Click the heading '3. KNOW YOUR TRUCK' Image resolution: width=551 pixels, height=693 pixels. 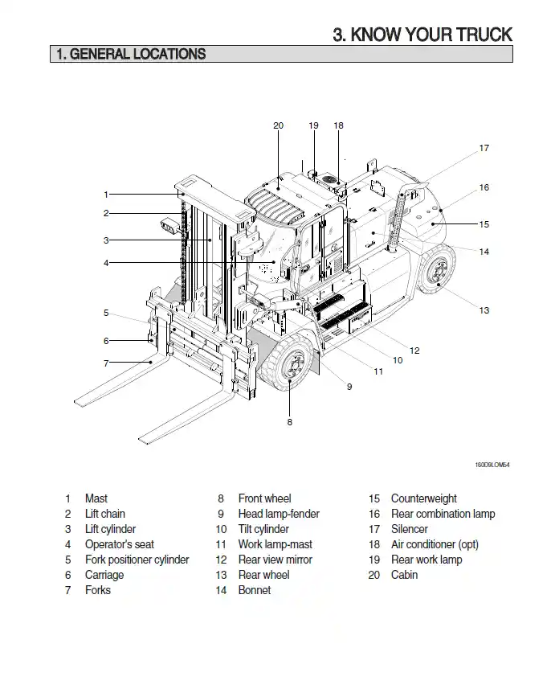coord(422,35)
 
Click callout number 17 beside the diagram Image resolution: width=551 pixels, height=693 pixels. coord(484,148)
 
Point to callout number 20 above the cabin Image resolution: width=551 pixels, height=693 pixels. coord(278,125)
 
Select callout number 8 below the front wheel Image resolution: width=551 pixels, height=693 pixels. coord(290,421)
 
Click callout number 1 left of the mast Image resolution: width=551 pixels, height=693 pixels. coord(106,194)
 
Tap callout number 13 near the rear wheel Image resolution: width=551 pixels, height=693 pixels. coord(484,310)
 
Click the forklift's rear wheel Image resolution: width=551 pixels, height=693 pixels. coord(437,271)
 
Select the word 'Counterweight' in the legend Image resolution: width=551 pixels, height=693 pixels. coord(423,498)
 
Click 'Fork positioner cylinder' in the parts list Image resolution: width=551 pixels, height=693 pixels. coord(137,560)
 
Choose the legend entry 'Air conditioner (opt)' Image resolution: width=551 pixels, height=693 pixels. coord(434,544)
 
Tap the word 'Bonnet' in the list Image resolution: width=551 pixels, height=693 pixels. coord(255,590)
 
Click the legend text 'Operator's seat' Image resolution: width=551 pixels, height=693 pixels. coord(119,544)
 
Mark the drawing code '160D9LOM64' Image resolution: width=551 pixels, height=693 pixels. coord(492,465)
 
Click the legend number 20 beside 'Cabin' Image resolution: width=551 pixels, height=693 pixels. coord(374,575)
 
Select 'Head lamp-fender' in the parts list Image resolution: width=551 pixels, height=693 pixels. coord(279,514)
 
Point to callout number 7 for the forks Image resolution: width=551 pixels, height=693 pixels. coord(106,363)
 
